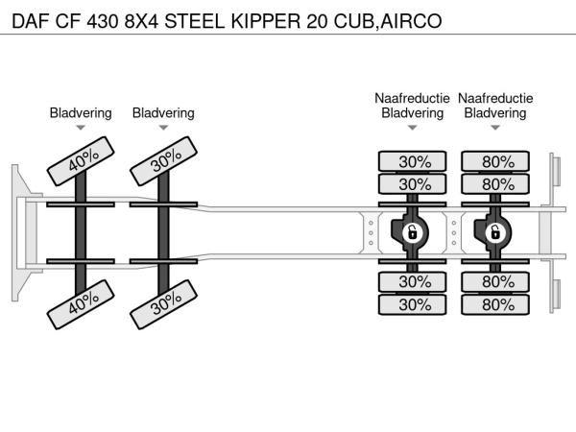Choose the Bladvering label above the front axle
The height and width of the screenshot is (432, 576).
pos(81,113)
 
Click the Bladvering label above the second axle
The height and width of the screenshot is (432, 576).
pos(163,113)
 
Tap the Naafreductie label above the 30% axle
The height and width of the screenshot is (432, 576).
pos(412,98)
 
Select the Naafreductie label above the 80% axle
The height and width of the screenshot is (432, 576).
pos(495,98)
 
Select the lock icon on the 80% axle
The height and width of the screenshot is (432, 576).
pos(495,231)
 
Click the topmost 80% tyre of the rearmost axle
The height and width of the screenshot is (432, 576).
pos(495,161)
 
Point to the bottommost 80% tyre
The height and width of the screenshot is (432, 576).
pos(495,304)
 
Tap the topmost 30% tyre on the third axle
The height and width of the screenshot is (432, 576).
pos(413,161)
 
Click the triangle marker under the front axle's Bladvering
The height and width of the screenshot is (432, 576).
pos(81,128)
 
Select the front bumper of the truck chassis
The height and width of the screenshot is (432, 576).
pos(18,231)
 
